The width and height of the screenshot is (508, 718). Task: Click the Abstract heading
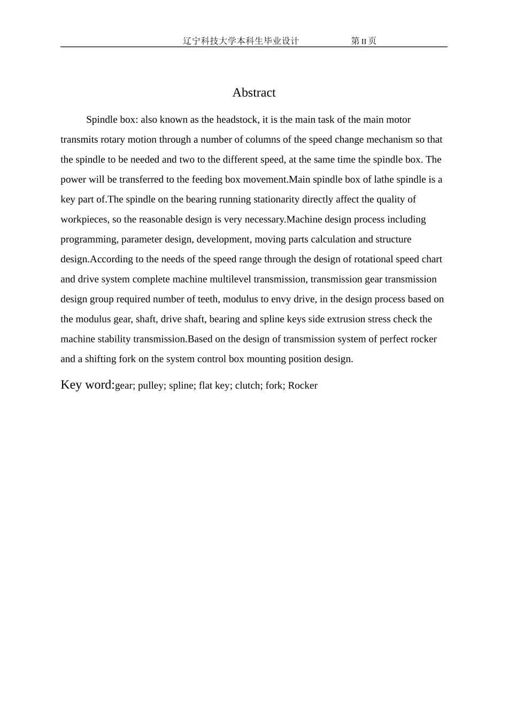(x=254, y=92)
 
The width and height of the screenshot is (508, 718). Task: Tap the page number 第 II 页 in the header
(x=364, y=41)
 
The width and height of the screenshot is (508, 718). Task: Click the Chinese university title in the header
(x=241, y=41)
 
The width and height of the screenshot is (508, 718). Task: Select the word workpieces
(x=84, y=220)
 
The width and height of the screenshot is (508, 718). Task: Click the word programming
(x=88, y=239)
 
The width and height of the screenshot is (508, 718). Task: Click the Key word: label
(x=88, y=385)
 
